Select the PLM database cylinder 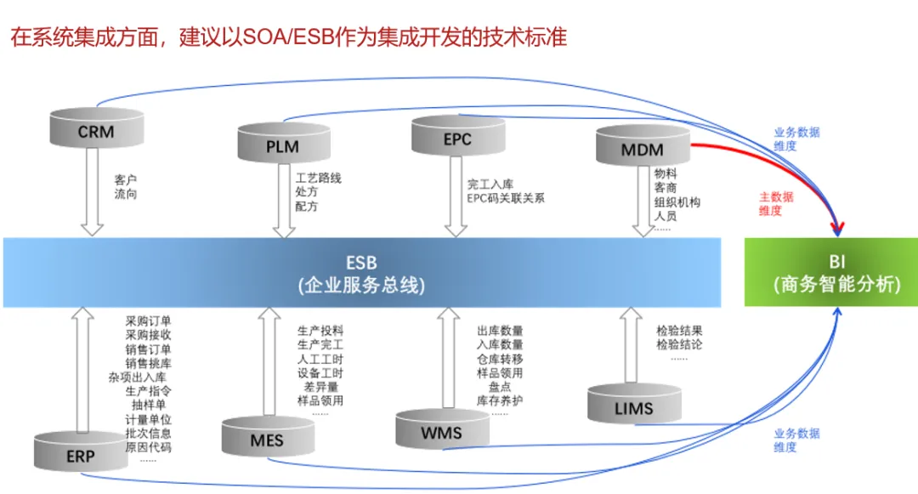282,145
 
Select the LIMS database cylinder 633,406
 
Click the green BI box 830,273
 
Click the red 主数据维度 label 776,203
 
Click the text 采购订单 149,321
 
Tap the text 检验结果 679,330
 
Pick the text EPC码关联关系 505,198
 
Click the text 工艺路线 318,179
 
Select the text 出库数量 500,330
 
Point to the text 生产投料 320,330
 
